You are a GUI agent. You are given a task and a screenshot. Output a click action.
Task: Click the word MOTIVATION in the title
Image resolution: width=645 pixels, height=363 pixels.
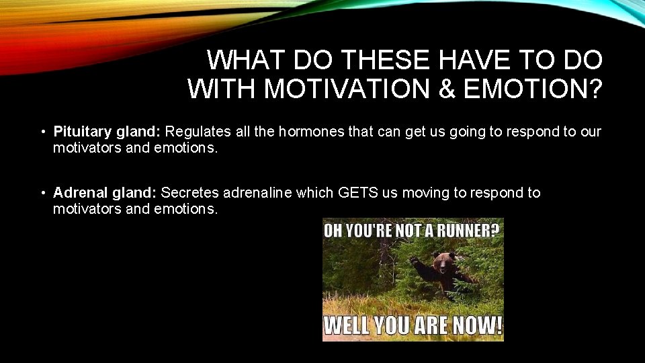333,89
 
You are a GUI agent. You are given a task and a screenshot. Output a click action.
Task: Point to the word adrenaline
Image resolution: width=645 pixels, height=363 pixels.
258,193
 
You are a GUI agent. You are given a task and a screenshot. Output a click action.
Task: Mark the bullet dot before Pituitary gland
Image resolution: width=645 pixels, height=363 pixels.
42,132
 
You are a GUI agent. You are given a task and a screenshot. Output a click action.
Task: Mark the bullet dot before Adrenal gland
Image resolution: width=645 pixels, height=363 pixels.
42,194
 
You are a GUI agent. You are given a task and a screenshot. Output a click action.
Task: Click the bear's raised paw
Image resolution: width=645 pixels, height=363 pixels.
414,260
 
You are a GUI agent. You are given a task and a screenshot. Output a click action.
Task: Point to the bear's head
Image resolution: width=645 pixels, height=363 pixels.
443,261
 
